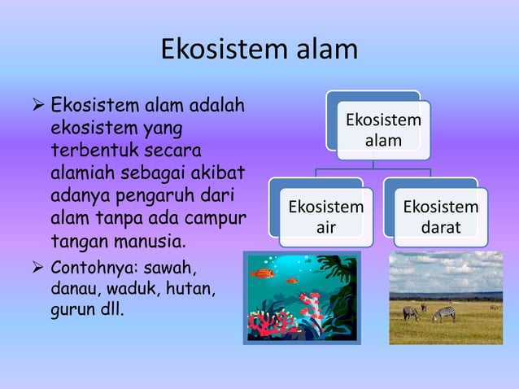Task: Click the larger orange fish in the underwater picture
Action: point(264,273)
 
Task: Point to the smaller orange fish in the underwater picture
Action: point(292,281)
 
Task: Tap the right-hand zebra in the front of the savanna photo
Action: point(444,313)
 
